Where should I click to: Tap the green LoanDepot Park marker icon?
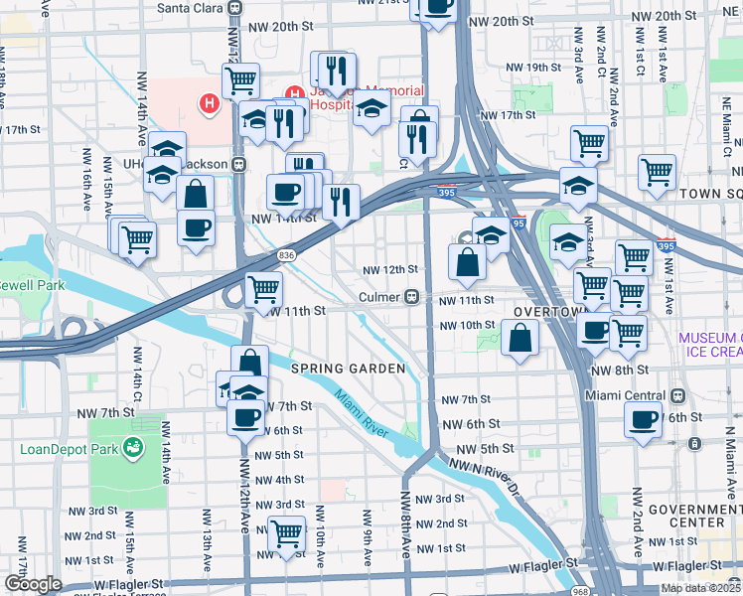pos(130,448)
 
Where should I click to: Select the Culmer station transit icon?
pos(410,297)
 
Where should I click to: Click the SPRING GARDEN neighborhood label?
pos(348,369)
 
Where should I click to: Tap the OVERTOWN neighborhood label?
pos(544,312)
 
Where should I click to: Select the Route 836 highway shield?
pos(287,255)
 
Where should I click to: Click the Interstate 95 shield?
pos(518,224)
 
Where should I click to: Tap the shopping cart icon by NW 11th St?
pos(264,290)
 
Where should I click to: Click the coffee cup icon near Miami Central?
pos(643,420)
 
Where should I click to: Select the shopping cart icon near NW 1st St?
pos(287,533)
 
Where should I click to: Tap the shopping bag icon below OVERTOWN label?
pos(520,339)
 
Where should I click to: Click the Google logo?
pos(33,584)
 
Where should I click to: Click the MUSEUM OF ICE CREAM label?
pos(710,345)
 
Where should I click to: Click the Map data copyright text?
pos(699,588)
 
